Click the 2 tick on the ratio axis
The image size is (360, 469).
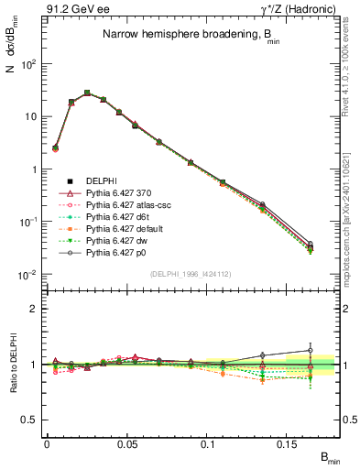[x=36, y=309]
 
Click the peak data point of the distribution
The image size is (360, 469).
[x=87, y=93]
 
